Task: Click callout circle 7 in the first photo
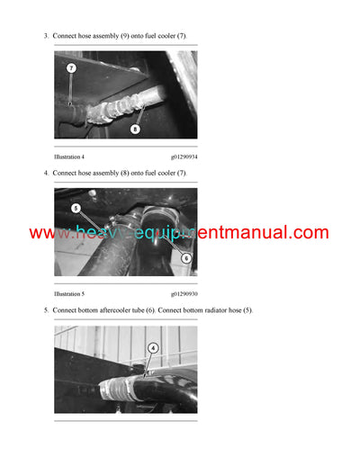point(71,67)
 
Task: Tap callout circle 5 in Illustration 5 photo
point(76,208)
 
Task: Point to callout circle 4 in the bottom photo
point(153,348)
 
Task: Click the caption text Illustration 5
point(72,294)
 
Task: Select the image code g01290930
point(184,294)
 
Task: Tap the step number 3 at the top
point(45,35)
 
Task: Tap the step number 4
point(45,172)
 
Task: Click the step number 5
point(45,309)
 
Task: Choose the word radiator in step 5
point(211,309)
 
